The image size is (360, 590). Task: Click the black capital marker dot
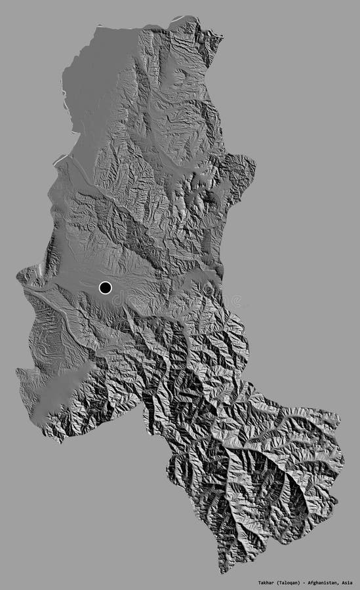[105, 287]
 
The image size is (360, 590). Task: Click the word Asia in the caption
[347, 582]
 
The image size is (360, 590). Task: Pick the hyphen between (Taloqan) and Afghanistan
[307, 582]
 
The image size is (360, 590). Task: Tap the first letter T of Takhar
[259, 582]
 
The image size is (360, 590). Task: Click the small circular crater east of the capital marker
[209, 288]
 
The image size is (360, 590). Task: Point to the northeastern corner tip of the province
[222, 38]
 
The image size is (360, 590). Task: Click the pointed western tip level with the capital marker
[18, 274]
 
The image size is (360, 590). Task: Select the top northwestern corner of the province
[98, 28]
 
